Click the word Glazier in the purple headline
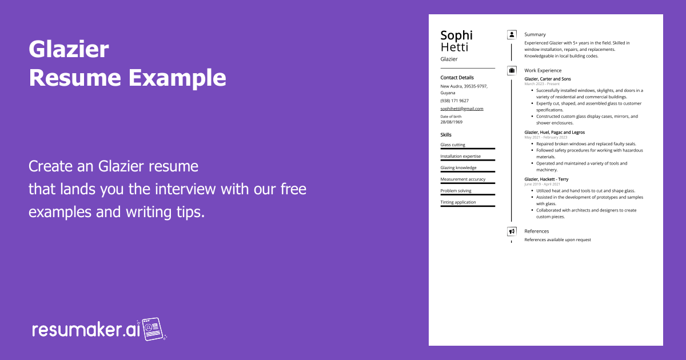(x=69, y=50)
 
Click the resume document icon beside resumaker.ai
(x=153, y=329)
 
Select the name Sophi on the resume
(x=456, y=35)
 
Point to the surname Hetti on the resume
(x=454, y=47)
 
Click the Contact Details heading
(x=457, y=78)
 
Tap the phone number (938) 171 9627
(x=454, y=101)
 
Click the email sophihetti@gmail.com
(x=461, y=109)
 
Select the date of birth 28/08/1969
(x=451, y=122)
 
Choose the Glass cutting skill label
(x=452, y=145)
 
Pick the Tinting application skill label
(x=457, y=202)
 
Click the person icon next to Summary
(x=512, y=35)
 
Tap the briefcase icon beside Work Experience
(x=512, y=71)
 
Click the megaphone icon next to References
(x=512, y=231)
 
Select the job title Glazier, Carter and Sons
(x=547, y=79)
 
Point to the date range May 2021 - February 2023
(x=545, y=137)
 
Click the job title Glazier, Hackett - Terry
(x=546, y=179)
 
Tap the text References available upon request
(x=557, y=240)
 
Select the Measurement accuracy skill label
(x=462, y=179)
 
